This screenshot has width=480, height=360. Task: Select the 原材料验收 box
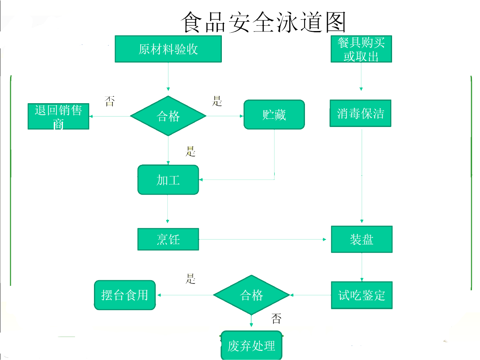tap(168, 49)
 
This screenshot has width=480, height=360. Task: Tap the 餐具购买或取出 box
tap(361, 49)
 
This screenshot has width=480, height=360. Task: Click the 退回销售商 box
tap(58, 117)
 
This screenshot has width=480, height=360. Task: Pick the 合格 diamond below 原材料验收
tap(168, 116)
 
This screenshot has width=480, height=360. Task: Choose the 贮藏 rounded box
tap(274, 115)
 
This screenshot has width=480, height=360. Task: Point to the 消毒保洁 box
tap(360, 114)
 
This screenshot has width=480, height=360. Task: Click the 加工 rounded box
tap(168, 180)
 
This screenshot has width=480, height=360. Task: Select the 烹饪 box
tap(168, 239)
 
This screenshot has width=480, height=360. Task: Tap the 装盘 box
tap(362, 239)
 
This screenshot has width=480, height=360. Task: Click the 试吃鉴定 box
tap(362, 295)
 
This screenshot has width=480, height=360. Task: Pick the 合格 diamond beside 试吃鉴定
tap(251, 295)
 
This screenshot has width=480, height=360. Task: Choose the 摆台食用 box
tap(125, 295)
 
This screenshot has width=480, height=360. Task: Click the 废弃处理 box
tap(251, 345)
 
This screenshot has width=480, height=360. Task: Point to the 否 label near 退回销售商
tap(109, 101)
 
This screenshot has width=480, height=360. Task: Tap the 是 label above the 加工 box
tap(190, 152)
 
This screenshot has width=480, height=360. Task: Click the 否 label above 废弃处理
tap(276, 319)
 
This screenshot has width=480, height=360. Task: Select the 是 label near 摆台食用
tap(190, 278)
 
